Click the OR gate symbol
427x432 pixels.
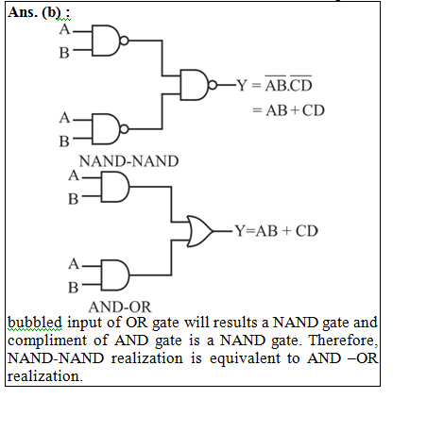coord(199,231)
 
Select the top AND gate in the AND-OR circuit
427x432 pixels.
coord(115,187)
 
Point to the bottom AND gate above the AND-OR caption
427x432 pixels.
coord(115,275)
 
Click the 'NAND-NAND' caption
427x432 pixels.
coord(128,161)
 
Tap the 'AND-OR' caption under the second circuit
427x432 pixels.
coord(120,307)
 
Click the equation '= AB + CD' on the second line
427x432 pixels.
coord(288,110)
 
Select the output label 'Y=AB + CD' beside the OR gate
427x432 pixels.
coord(277,231)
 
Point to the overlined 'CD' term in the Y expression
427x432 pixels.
coord(300,84)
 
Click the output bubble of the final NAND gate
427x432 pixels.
coord(213,85)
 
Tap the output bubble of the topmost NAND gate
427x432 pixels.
coord(125,41)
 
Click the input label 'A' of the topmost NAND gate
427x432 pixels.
coord(64,29)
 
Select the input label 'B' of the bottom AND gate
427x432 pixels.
coord(74,288)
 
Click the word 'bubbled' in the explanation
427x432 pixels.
coord(35,323)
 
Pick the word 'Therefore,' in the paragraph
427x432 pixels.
coord(343,341)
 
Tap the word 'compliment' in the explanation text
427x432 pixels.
coord(47,341)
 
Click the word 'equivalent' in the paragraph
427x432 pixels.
coord(245,359)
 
